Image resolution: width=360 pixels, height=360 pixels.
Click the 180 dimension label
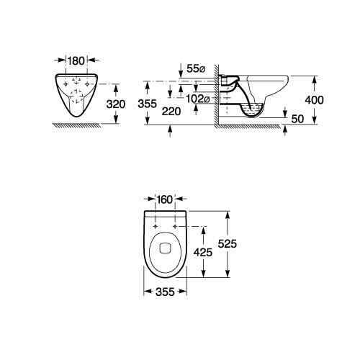pos(76,61)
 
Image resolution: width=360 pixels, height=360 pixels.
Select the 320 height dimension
pos(116,104)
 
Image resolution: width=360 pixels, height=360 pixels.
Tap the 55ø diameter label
pos(196,69)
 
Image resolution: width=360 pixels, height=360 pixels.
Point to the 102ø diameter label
pos(198,99)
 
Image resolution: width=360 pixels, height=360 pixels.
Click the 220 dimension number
pos(171,112)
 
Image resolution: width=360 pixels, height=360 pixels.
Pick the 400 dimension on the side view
pos(314,100)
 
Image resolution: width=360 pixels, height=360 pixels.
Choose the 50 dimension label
pos(297,119)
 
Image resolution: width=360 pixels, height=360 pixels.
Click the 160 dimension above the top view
pos(165,199)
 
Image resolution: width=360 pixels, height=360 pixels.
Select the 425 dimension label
pos(203,252)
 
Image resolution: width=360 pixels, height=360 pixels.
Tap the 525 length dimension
pos(228,244)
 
